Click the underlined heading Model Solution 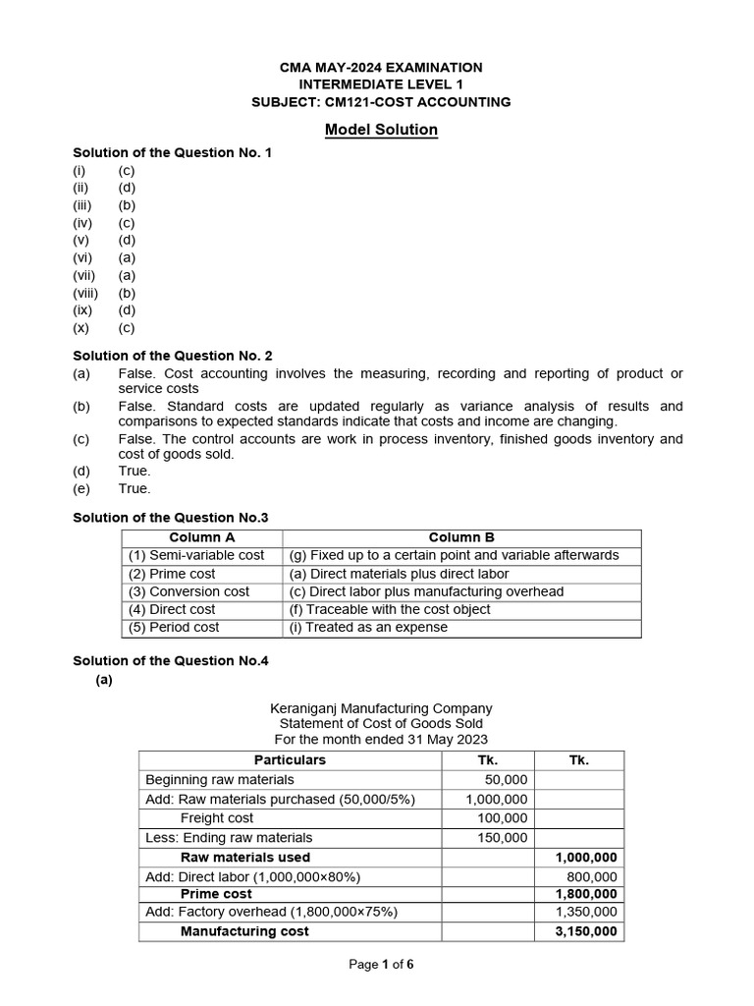click(x=381, y=130)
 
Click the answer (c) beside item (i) click(x=127, y=170)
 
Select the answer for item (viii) click(x=127, y=293)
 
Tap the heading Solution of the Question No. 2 click(x=173, y=355)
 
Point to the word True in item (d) click(x=135, y=471)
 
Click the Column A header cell click(x=202, y=537)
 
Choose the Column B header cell click(x=461, y=537)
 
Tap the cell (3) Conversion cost click(x=188, y=591)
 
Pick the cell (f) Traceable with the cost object click(x=390, y=609)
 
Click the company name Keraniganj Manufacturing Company click(x=381, y=707)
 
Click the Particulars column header click(x=290, y=759)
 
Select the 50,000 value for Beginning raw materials click(x=507, y=779)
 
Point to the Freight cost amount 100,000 click(x=503, y=817)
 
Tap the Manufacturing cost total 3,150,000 click(x=580, y=931)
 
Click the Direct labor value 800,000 click(x=592, y=876)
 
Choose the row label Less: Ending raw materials click(x=229, y=837)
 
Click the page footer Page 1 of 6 click(x=381, y=964)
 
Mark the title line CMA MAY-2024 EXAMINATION click(x=381, y=67)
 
